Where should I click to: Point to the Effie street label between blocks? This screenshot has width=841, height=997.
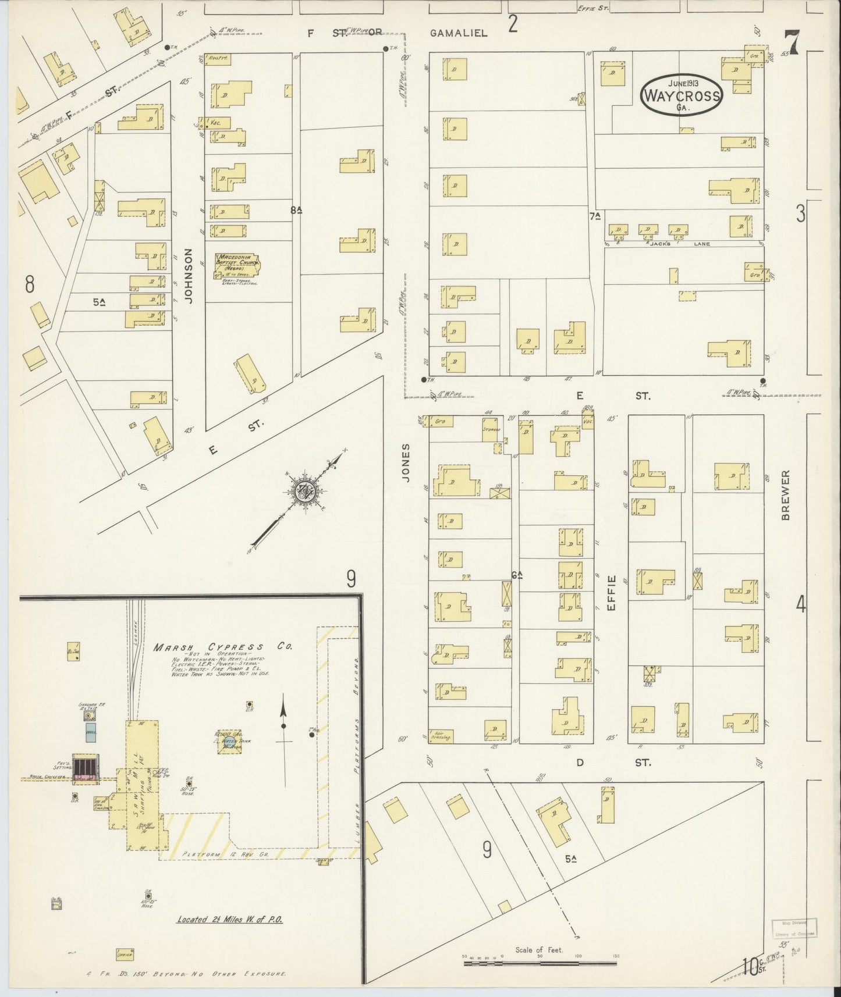(611, 592)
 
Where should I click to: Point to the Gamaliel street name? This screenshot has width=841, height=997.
(458, 33)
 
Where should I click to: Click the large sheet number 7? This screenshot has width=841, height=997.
(792, 42)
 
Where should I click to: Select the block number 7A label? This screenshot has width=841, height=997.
(594, 216)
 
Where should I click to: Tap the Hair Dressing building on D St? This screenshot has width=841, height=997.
(441, 735)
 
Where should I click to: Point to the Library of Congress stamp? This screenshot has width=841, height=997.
(794, 930)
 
